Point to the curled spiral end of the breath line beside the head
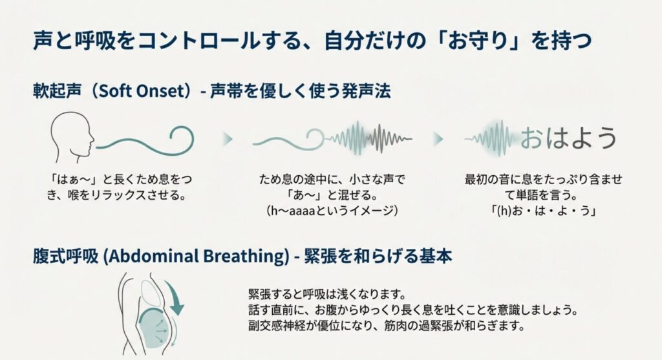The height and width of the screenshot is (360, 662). click(182, 139)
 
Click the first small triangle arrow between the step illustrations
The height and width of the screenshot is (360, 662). click(228, 139)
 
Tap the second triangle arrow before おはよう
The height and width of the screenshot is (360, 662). click(438, 139)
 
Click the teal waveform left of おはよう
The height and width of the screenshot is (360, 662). click(492, 138)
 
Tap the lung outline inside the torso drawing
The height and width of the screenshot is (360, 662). click(149, 293)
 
